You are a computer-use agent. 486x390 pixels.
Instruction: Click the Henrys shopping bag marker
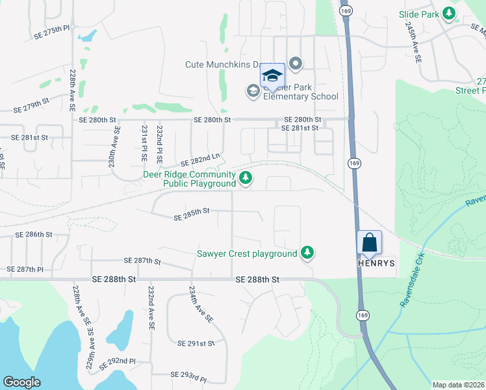pyautogui.click(x=369, y=242)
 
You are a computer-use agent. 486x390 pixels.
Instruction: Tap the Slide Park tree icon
pyautogui.click(x=448, y=13)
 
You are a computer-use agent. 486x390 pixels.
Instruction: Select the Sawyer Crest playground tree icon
pyautogui.click(x=307, y=253)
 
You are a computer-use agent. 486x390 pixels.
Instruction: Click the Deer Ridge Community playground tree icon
pyautogui.click(x=246, y=177)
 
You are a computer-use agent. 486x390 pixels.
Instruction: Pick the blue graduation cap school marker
pyautogui.click(x=272, y=76)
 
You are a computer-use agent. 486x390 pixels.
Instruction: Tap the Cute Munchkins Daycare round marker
pyautogui.click(x=296, y=64)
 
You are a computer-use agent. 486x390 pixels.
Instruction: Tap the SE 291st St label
pyautogui.click(x=196, y=343)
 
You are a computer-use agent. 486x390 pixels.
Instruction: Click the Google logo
pyautogui.click(x=21, y=382)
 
